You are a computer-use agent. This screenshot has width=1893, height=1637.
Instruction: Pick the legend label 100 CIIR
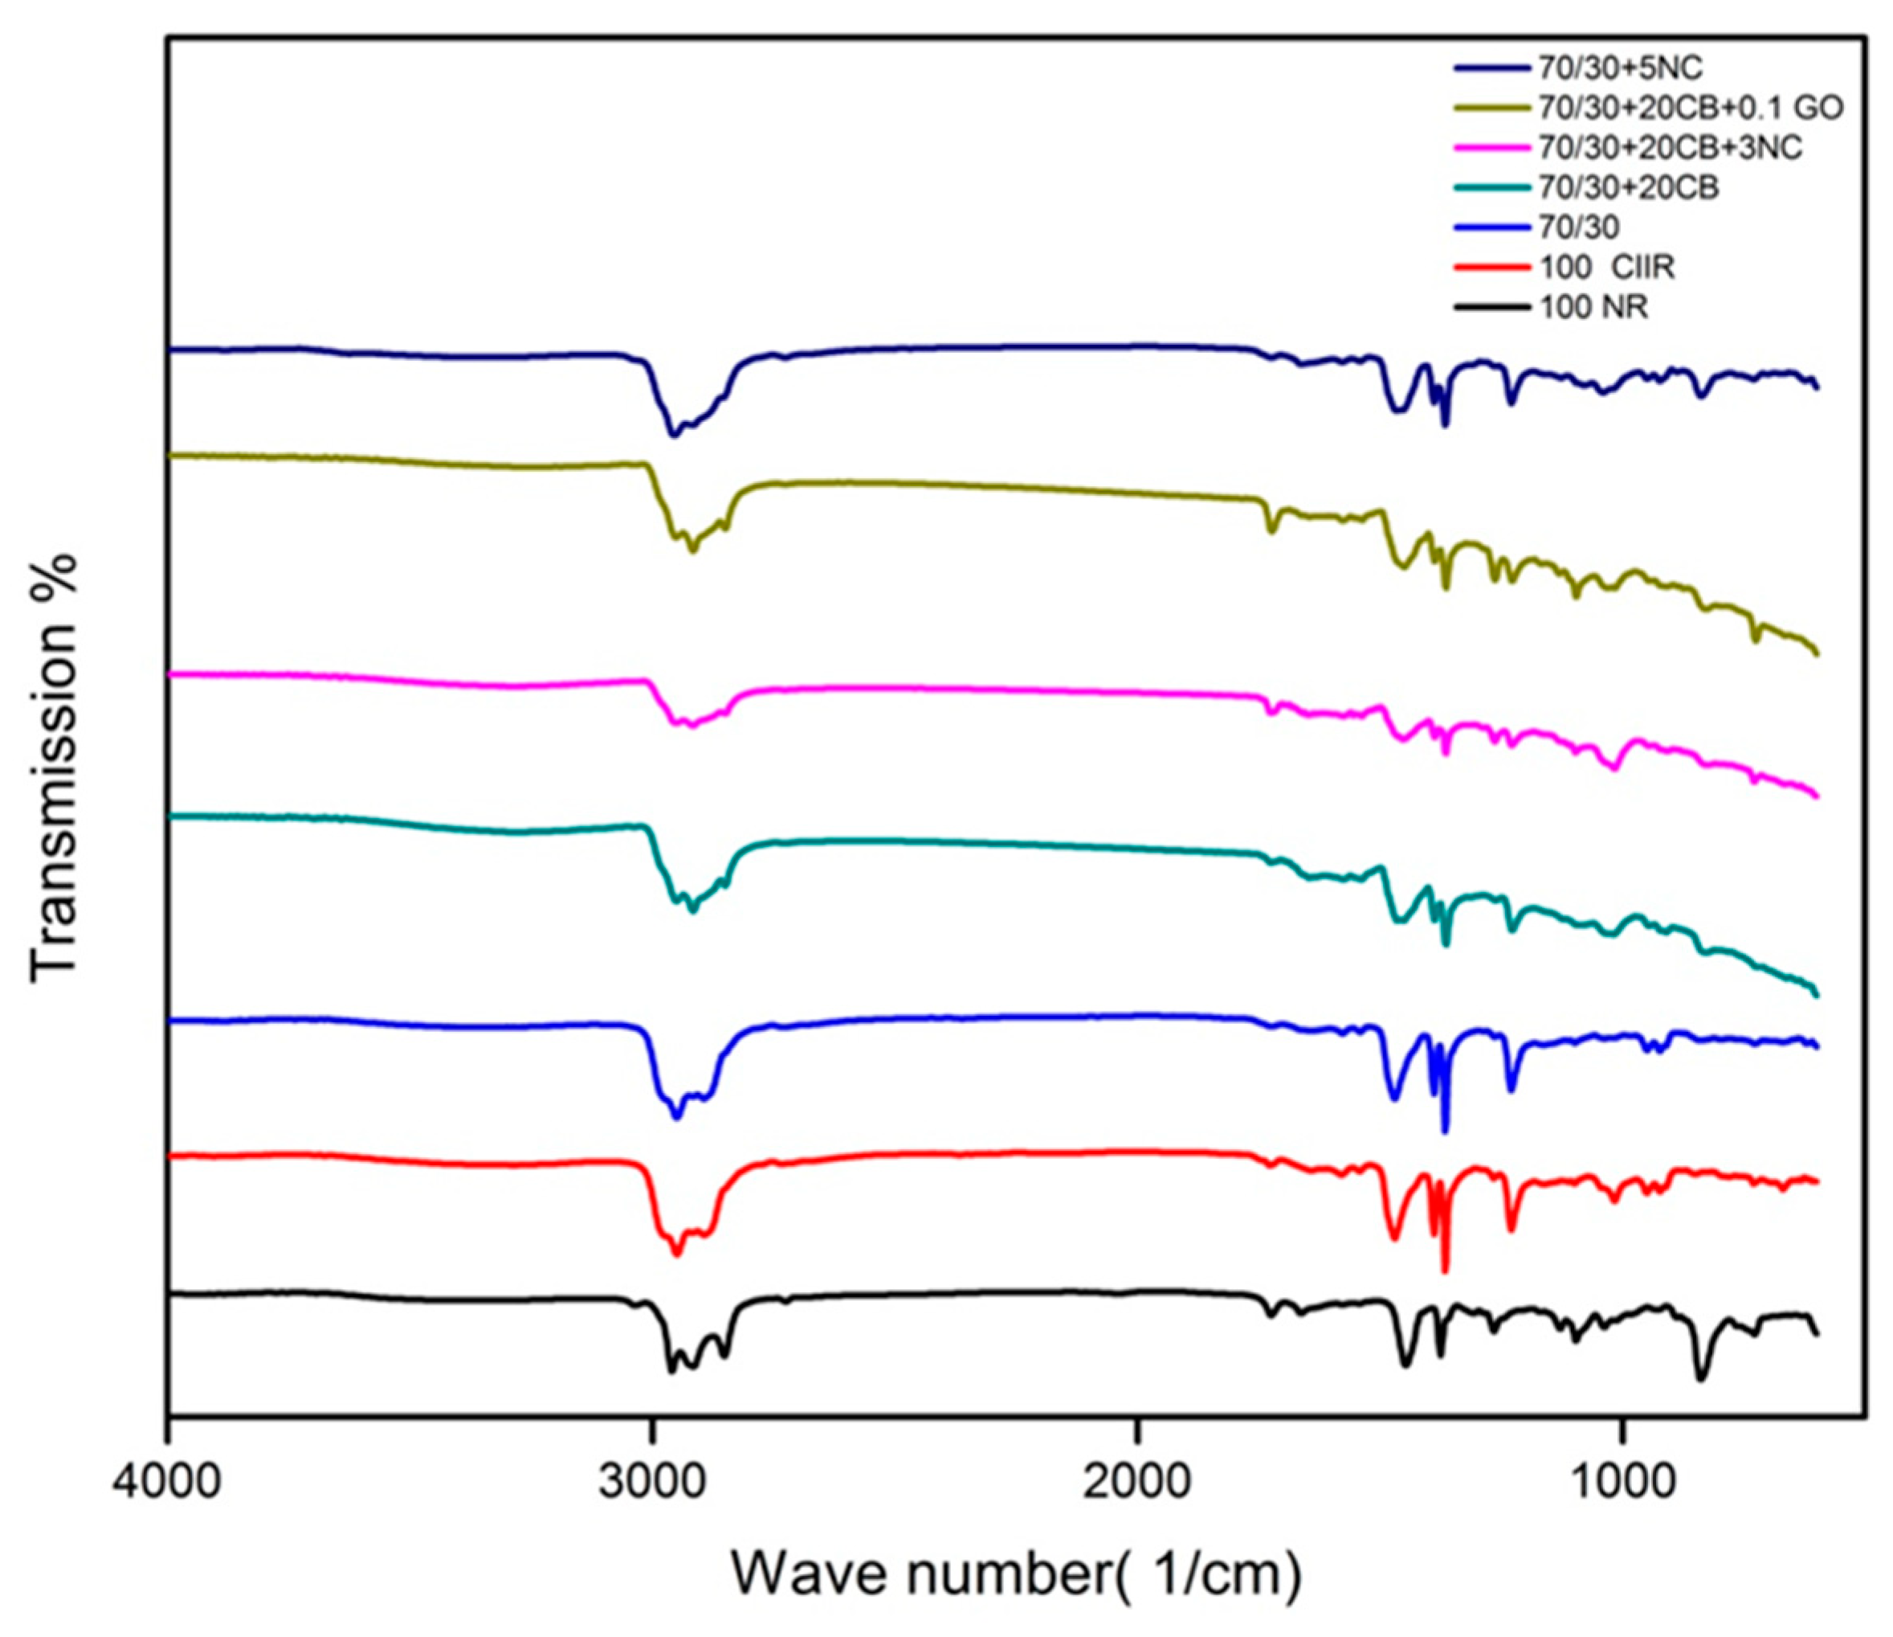pos(1608,268)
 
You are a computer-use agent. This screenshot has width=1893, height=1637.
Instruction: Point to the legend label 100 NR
pos(1595,308)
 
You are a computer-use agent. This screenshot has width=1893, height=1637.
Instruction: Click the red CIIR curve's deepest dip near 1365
pos(1444,1271)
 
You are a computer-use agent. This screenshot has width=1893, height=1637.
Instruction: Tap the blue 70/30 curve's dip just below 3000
pos(677,1117)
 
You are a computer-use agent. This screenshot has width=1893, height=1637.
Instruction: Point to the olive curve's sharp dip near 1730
pos(1271,531)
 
